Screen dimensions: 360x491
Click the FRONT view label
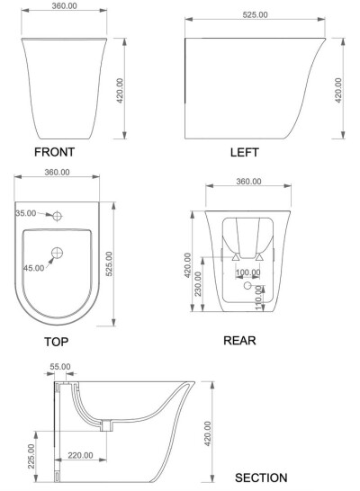pyautogui.click(x=54, y=152)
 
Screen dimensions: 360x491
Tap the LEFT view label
pyautogui.click(x=245, y=153)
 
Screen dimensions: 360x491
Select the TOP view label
pyautogui.click(x=56, y=342)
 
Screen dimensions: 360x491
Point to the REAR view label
pyautogui.click(x=239, y=341)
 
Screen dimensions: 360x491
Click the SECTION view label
pyautogui.click(x=261, y=478)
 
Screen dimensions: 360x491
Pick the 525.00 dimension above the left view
pyautogui.click(x=255, y=14)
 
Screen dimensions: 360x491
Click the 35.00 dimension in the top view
pyautogui.click(x=26, y=213)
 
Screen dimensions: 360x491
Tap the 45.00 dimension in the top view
pyautogui.click(x=33, y=268)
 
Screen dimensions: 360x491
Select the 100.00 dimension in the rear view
pyautogui.click(x=247, y=272)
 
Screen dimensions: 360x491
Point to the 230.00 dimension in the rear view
pyautogui.click(x=198, y=283)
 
